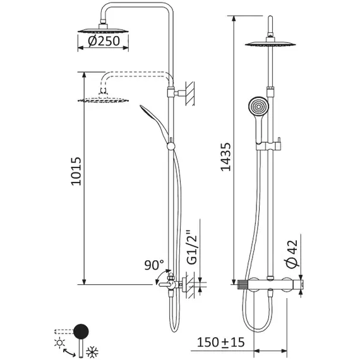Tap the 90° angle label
click(x=154, y=264)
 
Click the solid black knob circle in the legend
click(x=82, y=330)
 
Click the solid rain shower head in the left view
click(x=104, y=29)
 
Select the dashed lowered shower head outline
click(x=104, y=99)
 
